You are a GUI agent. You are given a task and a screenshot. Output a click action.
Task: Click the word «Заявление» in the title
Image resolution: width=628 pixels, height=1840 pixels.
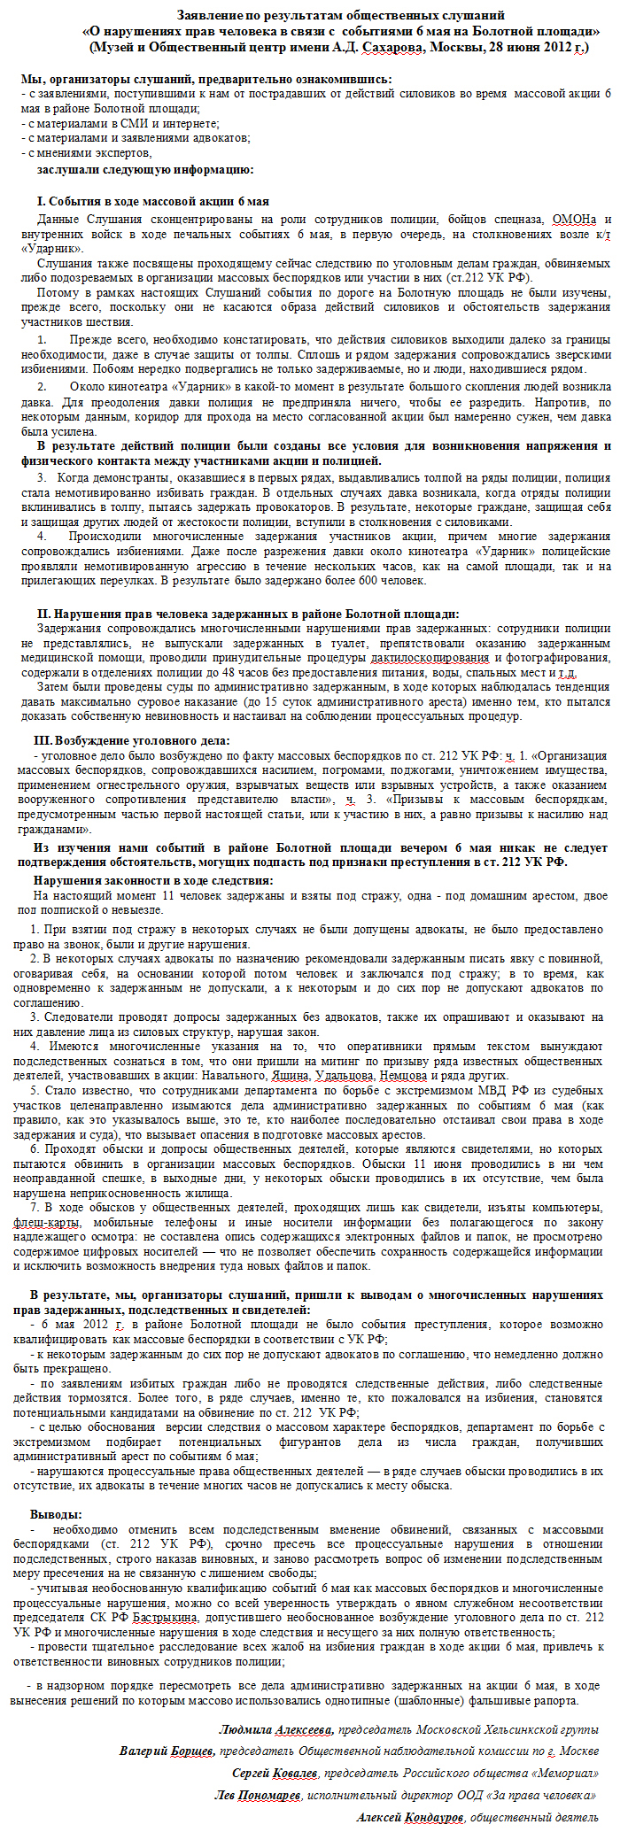point(207,15)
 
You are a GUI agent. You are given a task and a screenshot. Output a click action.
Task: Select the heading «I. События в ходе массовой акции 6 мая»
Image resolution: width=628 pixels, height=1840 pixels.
point(153,202)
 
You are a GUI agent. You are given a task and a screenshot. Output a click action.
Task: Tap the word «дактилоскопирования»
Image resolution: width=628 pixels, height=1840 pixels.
point(430,658)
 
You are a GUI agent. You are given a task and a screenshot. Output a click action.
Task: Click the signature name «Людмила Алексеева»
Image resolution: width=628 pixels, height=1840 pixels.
point(275,1729)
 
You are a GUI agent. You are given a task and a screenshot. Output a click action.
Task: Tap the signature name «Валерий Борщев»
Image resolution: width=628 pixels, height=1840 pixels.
point(167,1751)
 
